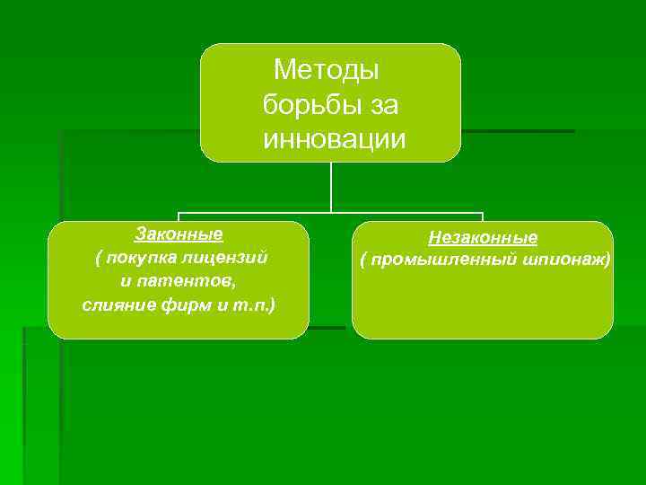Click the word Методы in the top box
[x=327, y=69]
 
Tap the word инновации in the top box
[x=334, y=140]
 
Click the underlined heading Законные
[x=179, y=234]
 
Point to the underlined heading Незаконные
[x=483, y=238]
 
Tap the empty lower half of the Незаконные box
[x=483, y=310]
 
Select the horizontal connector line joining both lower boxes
[x=269, y=213]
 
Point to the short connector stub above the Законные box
[x=179, y=216]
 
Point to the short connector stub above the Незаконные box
[x=483, y=216]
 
